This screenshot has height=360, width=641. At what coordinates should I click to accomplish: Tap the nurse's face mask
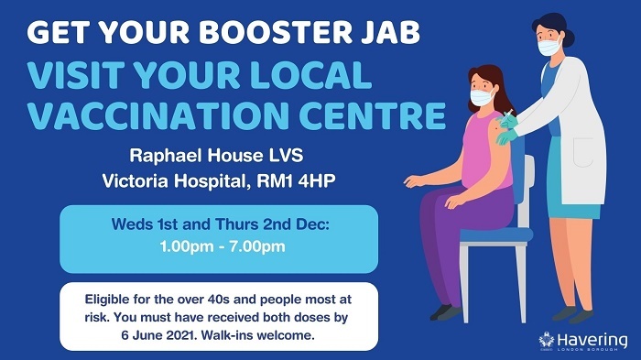pyautogui.click(x=549, y=44)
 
